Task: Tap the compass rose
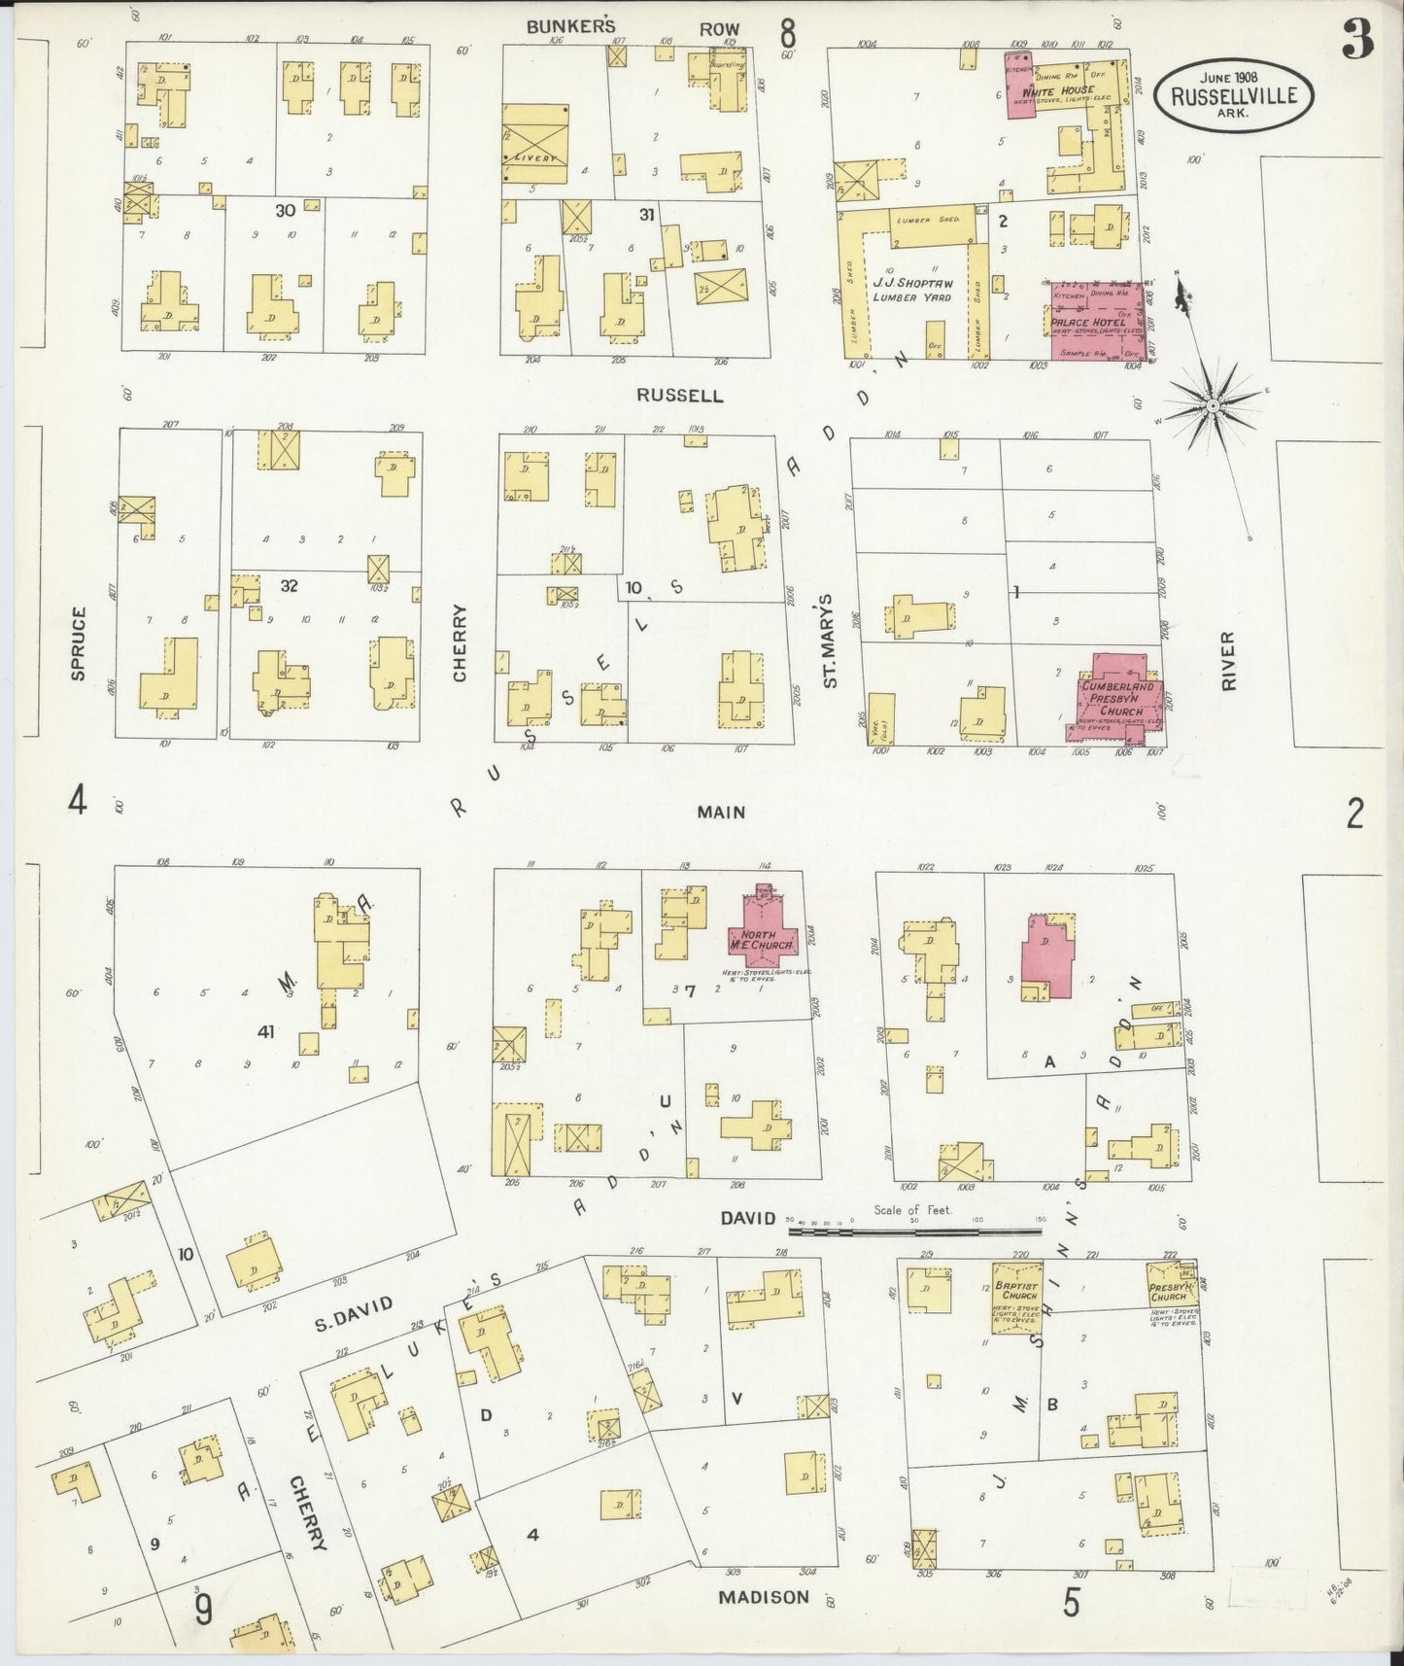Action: click(1213, 401)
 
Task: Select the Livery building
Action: click(534, 144)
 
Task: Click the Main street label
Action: click(721, 811)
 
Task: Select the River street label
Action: click(1228, 662)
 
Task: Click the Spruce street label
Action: click(79, 642)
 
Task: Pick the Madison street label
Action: click(764, 1596)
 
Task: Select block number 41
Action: click(266, 1032)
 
